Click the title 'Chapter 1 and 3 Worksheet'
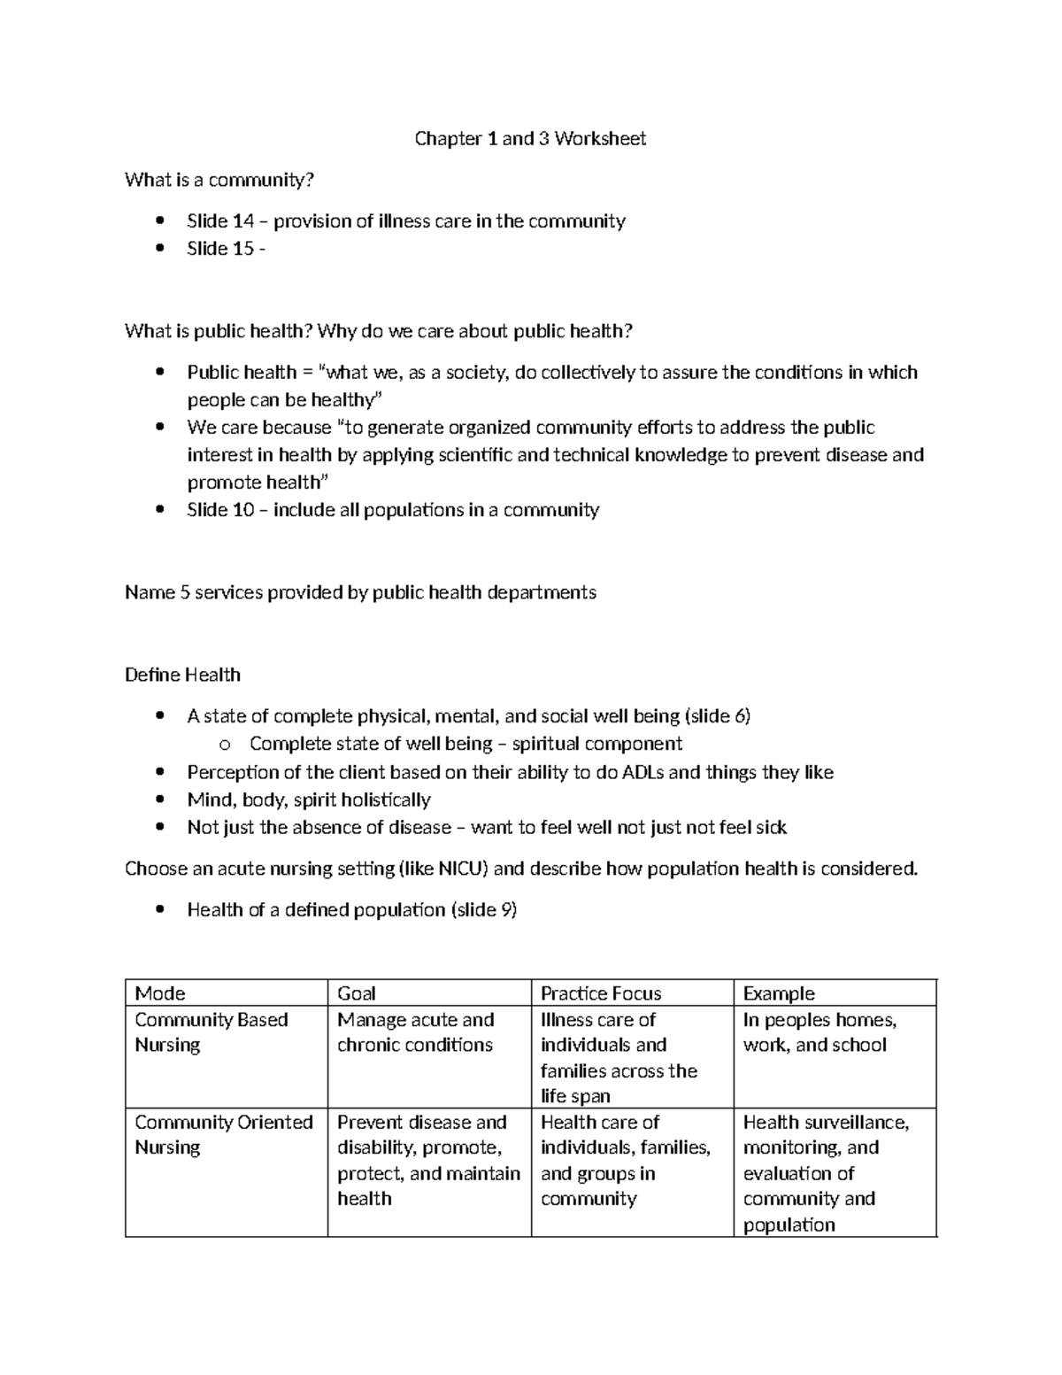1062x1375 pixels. coord(530,138)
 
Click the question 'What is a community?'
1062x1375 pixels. coord(219,180)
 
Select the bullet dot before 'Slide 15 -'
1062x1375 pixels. coord(159,249)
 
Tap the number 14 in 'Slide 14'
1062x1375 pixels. coord(242,221)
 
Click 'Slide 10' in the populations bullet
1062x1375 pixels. coord(220,510)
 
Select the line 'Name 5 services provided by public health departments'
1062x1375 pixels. coord(360,592)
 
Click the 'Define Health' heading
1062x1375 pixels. coord(182,675)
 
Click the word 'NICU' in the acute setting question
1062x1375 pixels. coord(463,869)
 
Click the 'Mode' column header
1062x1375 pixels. coord(160,993)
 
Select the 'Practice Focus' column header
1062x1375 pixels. coord(601,993)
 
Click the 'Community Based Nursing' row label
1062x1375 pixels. coord(211,1032)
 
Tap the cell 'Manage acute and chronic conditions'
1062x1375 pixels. coord(415,1032)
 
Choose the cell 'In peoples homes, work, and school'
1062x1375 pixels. coord(820,1032)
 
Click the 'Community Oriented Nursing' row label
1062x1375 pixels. coord(223,1134)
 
